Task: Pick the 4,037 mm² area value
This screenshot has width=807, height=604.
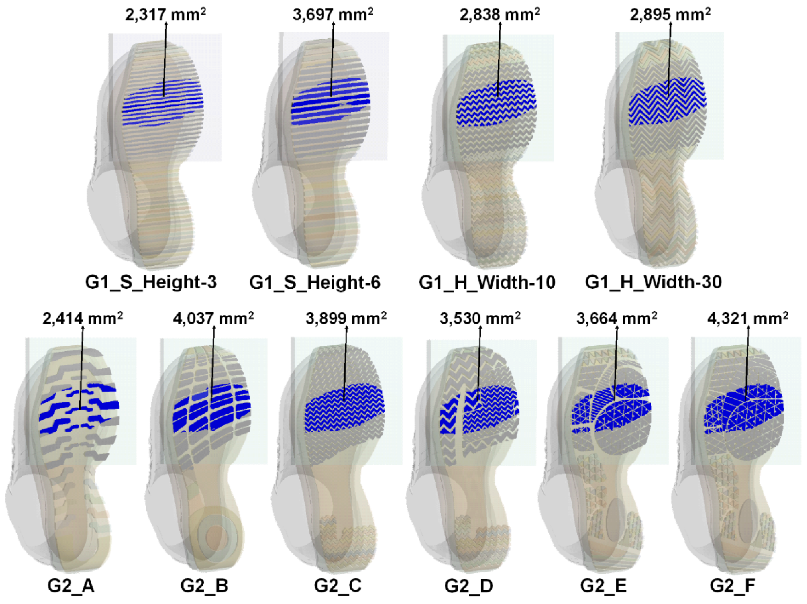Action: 213,318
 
